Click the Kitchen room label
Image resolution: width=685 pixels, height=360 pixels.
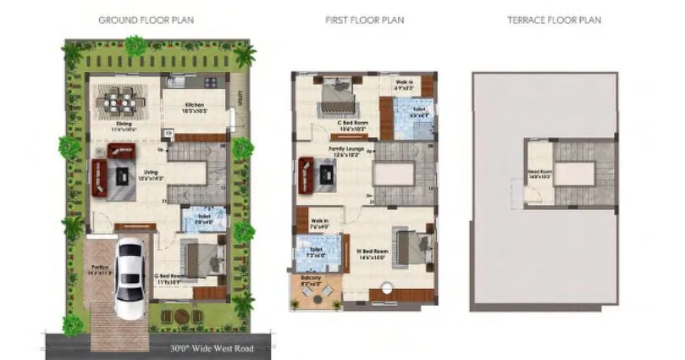coord(196,106)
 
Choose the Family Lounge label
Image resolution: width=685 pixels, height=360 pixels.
coord(345,150)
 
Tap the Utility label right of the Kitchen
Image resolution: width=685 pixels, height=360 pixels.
coord(240,97)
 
